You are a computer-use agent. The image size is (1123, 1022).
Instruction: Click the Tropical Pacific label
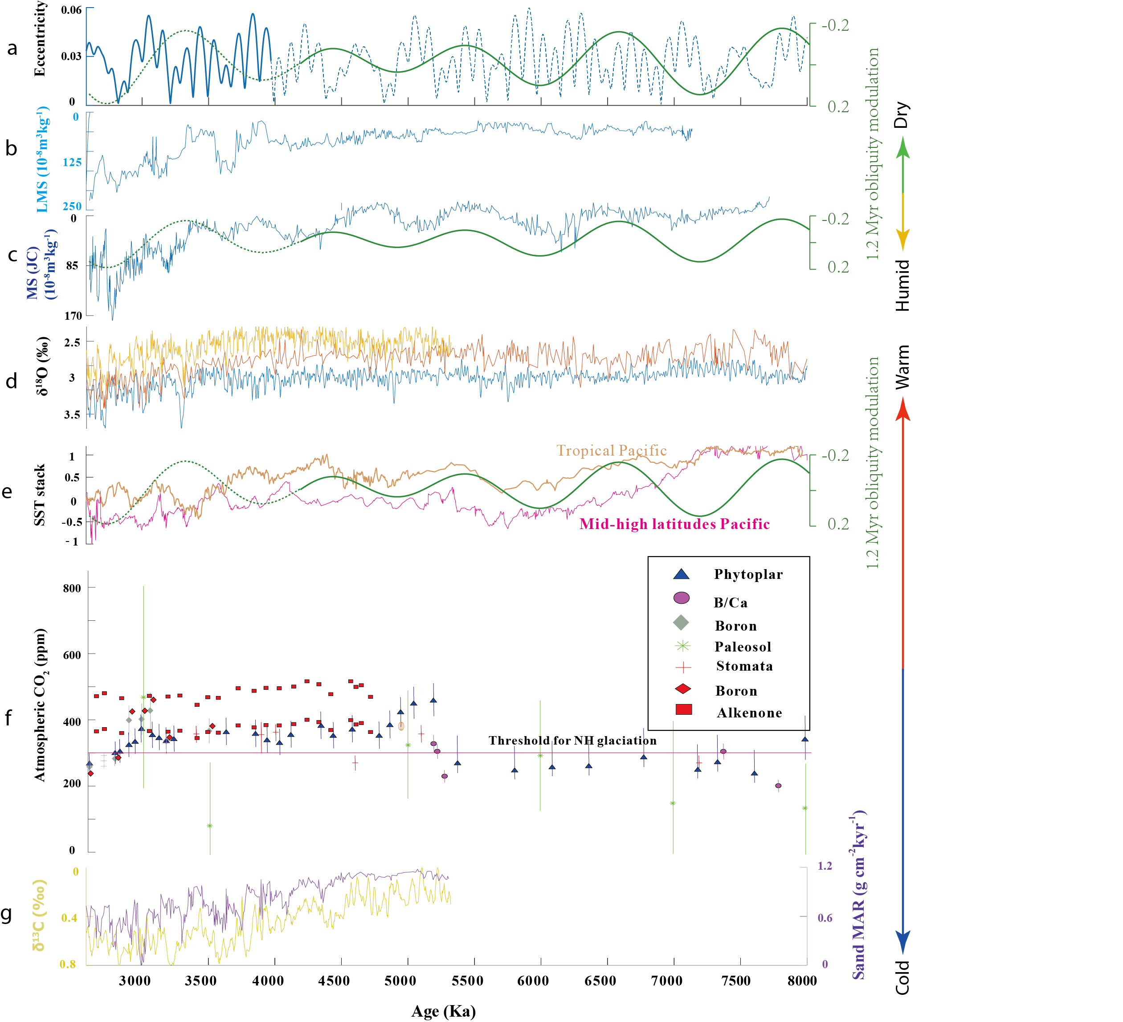pyautogui.click(x=611, y=451)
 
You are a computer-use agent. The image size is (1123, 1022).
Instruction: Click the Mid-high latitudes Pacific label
pyautogui.click(x=674, y=524)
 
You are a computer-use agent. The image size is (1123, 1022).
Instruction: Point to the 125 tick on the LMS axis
pyautogui.click(x=72, y=163)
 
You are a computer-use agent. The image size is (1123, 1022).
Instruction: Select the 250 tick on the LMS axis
pyautogui.click(x=72, y=207)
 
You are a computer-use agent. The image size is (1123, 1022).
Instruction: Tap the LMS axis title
pyautogui.click(x=43, y=160)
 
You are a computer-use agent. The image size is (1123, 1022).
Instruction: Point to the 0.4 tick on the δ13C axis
pyautogui.click(x=69, y=917)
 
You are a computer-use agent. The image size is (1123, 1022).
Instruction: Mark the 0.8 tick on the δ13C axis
pyautogui.click(x=68, y=964)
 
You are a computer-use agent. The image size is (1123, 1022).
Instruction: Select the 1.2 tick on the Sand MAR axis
pyautogui.click(x=825, y=866)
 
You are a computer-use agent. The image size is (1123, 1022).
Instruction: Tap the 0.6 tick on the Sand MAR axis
pyautogui.click(x=825, y=917)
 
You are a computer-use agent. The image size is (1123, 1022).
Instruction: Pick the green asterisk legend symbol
pyautogui.click(x=682, y=646)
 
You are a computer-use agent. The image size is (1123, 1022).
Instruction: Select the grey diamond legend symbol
pyautogui.click(x=681, y=622)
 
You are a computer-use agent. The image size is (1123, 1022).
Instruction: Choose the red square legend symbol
pyautogui.click(x=683, y=709)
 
